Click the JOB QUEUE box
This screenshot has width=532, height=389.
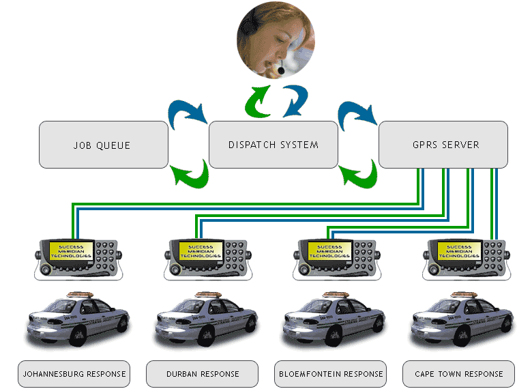(x=103, y=145)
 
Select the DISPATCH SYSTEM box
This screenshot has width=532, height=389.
(x=273, y=145)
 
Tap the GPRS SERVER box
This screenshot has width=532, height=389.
(x=443, y=145)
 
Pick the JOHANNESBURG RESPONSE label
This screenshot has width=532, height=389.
(x=74, y=374)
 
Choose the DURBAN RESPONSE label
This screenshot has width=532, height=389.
(x=203, y=374)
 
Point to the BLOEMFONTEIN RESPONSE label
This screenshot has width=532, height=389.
(x=331, y=374)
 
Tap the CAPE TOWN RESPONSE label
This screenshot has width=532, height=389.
(x=458, y=374)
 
